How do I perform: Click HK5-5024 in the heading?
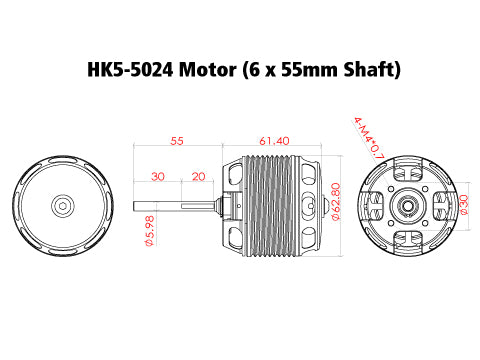[x=120, y=70]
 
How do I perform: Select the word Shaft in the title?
[x=368, y=70]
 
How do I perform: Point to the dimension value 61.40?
[x=274, y=142]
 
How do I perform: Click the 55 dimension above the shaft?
[x=177, y=142]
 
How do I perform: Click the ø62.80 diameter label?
[x=336, y=204]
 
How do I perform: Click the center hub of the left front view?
[x=62, y=205]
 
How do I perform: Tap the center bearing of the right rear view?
[x=408, y=205]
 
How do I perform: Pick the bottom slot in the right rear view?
[x=408, y=239]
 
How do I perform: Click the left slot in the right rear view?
[x=375, y=205]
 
